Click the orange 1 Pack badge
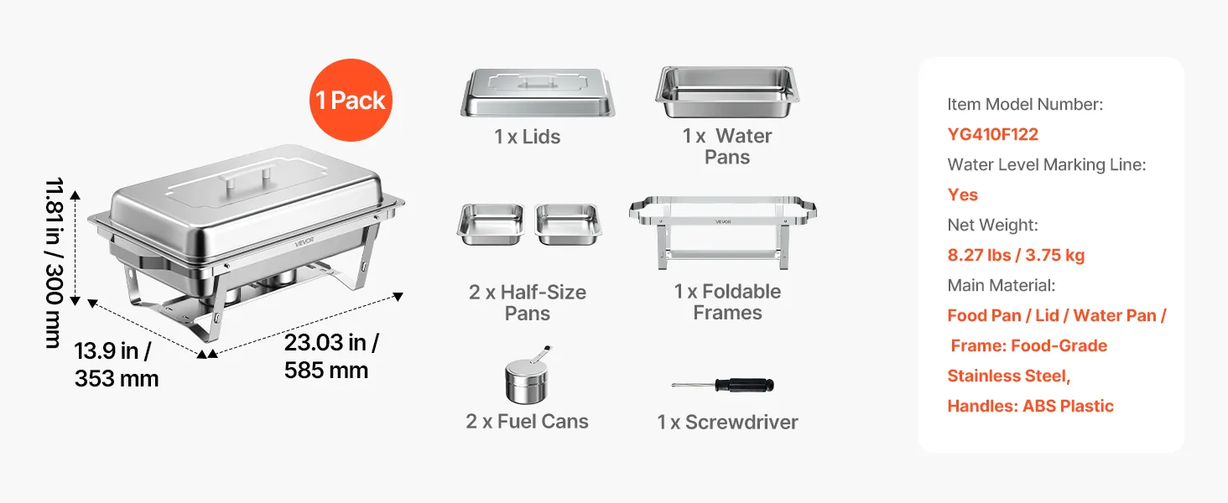click(351, 101)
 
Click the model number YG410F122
click(993, 134)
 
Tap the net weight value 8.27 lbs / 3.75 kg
click(1016, 255)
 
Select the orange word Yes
click(963, 194)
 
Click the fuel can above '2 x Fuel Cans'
click(527, 376)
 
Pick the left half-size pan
click(491, 224)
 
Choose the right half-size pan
click(569, 224)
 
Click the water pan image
click(727, 91)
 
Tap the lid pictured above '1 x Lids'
click(537, 92)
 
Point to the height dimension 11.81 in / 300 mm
click(55, 262)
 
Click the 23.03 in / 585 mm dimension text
click(331, 356)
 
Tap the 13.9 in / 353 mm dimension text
click(117, 365)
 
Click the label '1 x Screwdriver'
click(727, 422)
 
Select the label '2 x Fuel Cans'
click(527, 422)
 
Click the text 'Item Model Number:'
click(1025, 104)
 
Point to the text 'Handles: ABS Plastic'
click(1031, 406)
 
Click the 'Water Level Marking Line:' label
click(1047, 164)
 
